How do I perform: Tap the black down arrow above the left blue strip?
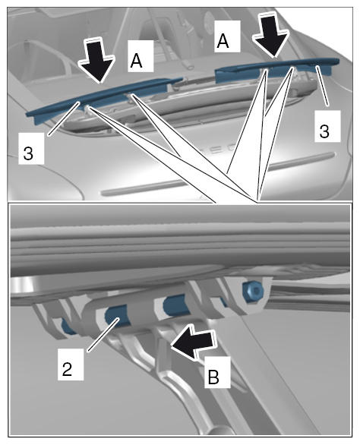[x=97, y=60]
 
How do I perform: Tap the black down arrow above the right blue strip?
[x=270, y=35]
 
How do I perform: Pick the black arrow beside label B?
[x=193, y=342]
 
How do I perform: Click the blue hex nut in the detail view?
[x=252, y=290]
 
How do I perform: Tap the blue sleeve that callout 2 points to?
[x=117, y=317]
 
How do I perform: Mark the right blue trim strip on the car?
[x=276, y=70]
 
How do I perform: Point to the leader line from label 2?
[x=103, y=335]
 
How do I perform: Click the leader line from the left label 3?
[x=63, y=119]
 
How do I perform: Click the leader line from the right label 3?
[x=324, y=86]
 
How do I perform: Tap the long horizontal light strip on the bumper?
[x=219, y=174]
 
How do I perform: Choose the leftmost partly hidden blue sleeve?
[x=68, y=327]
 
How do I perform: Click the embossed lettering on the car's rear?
[x=224, y=150]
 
